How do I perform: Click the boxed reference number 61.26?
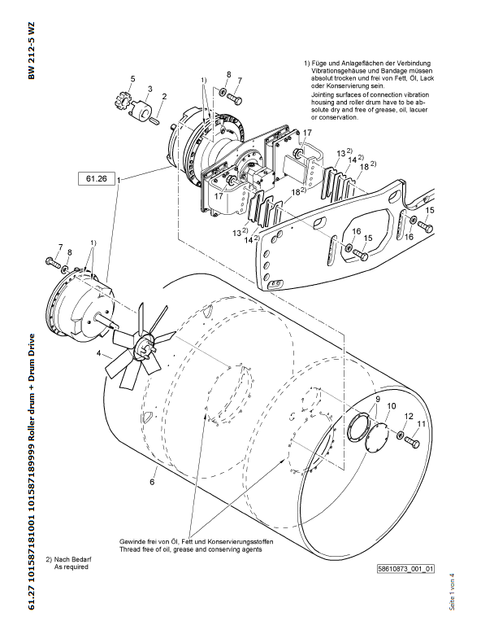[x=96, y=179]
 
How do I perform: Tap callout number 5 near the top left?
[x=132, y=79]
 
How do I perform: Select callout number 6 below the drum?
[x=152, y=482]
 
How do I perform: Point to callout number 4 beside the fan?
[x=98, y=352]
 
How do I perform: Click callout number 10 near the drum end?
[x=392, y=406]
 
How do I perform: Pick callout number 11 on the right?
[x=421, y=424]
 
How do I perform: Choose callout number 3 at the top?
[x=150, y=89]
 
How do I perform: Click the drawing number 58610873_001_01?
[x=405, y=569]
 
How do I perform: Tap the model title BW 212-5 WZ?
[x=32, y=50]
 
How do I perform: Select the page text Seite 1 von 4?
[x=452, y=592]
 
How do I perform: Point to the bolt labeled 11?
[x=412, y=442]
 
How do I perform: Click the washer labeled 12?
[x=401, y=435]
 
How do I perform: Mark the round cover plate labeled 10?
[x=376, y=438]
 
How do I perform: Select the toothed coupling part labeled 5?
[x=121, y=101]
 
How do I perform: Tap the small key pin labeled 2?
[x=154, y=120]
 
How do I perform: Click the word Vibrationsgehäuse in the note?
[x=337, y=71]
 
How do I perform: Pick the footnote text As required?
[x=71, y=566]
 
